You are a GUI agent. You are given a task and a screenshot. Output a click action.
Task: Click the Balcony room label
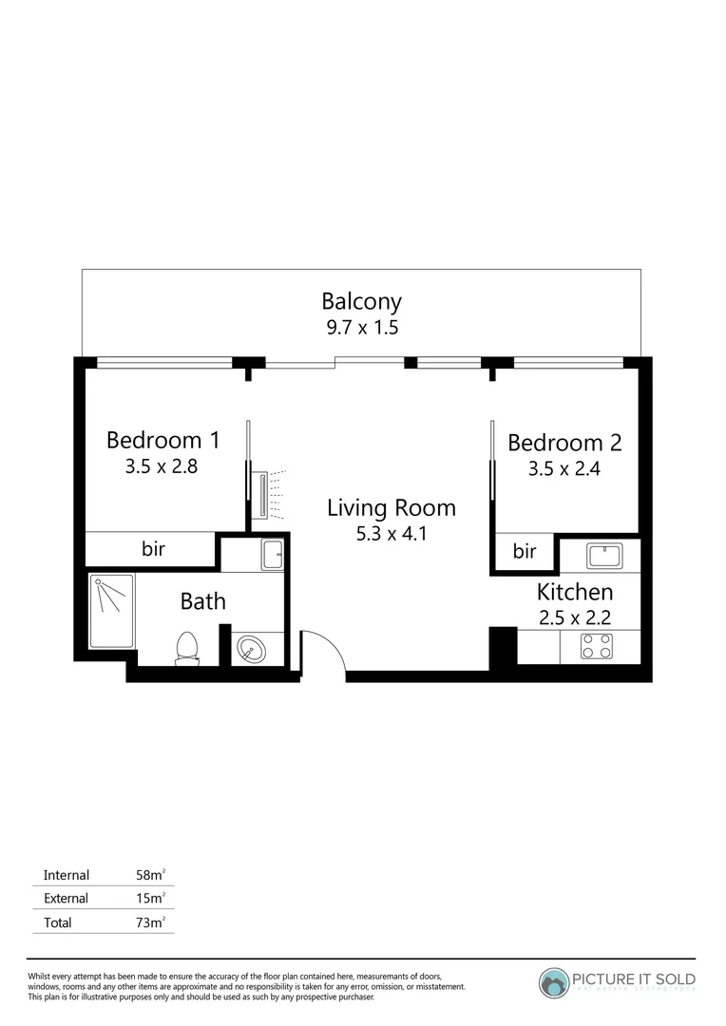361,302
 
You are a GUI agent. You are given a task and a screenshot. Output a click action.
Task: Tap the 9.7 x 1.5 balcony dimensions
361,328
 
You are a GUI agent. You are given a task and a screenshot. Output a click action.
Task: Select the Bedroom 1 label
163,440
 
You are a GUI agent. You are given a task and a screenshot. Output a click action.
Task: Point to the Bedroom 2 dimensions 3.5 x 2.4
564,468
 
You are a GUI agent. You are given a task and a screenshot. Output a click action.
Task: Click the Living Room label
391,507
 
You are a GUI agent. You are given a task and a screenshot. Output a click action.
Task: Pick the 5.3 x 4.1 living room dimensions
391,533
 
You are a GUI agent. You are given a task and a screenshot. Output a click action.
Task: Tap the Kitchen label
574,592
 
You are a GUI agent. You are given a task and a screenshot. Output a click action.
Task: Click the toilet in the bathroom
187,647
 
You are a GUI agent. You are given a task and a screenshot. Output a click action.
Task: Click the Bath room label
202,601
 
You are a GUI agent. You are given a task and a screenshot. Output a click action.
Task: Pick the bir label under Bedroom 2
525,551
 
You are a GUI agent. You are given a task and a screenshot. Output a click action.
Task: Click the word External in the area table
66,898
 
